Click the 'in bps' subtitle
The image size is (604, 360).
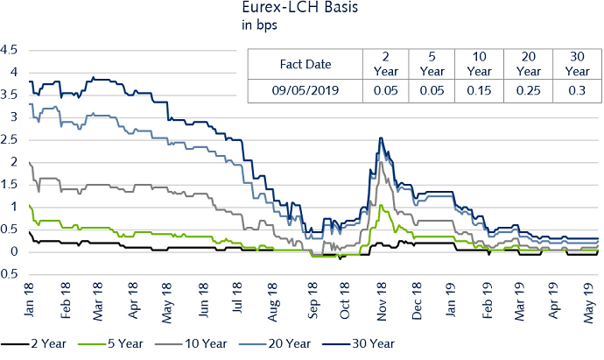(x=258, y=26)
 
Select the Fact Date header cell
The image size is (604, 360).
(x=306, y=64)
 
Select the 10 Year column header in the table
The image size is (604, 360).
(x=477, y=64)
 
